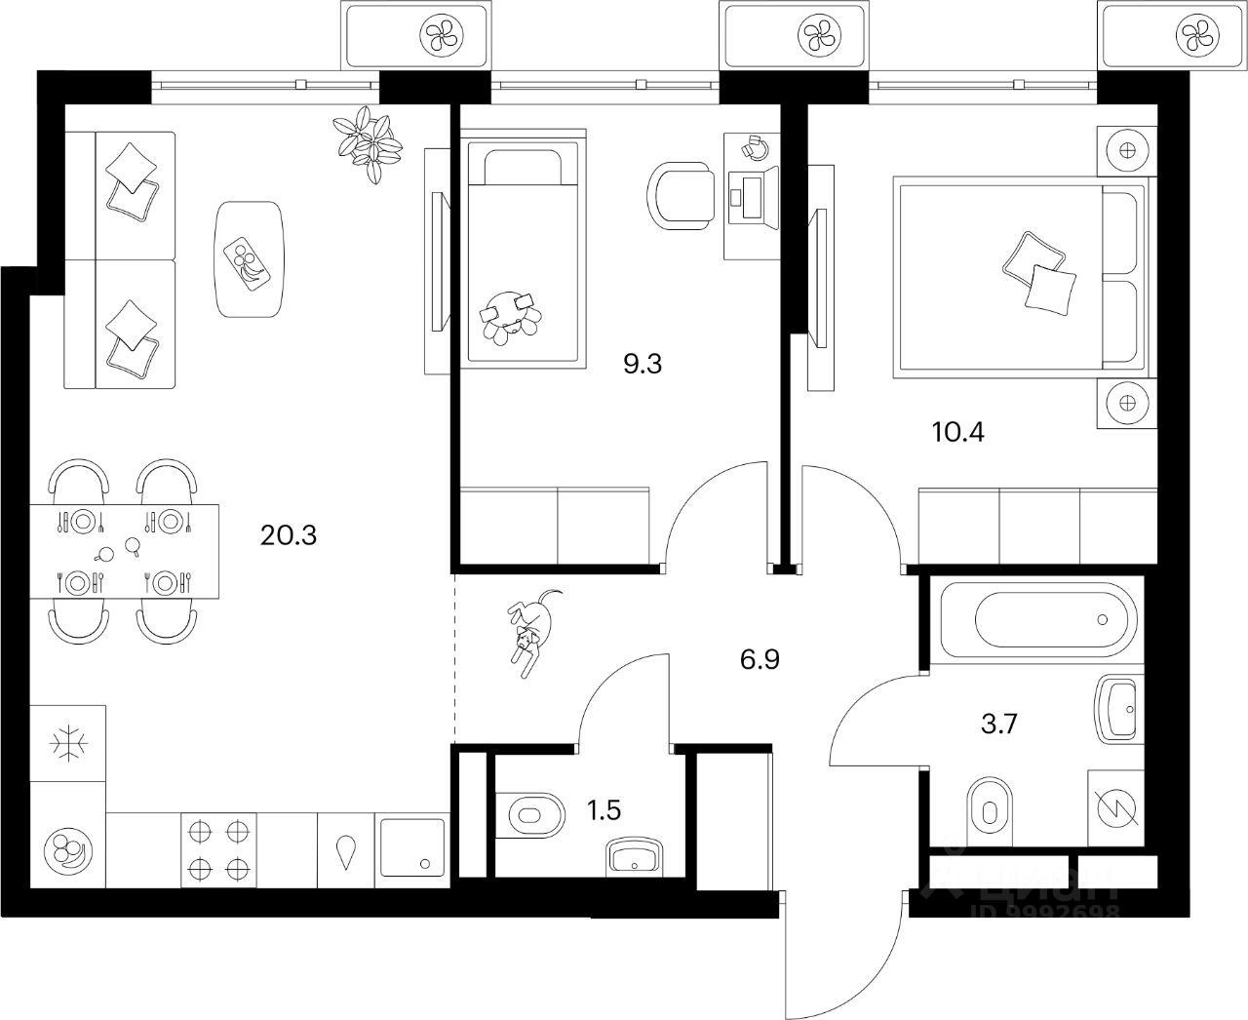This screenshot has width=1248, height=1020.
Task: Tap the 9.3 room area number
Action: [643, 365]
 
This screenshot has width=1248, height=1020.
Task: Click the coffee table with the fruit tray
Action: [251, 258]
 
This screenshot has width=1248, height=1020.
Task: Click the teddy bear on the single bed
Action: [510, 314]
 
